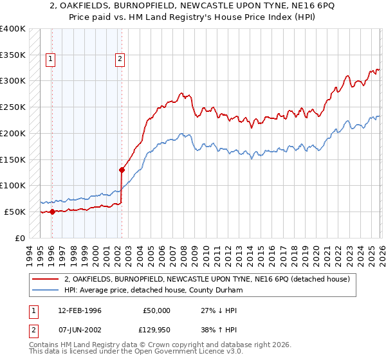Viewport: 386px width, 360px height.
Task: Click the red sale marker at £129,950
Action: click(x=122, y=170)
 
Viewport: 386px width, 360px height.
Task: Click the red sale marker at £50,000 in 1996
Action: click(x=51, y=212)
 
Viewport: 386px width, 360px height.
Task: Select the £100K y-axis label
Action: click(x=13, y=186)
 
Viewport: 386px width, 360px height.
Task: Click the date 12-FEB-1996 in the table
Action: click(x=80, y=310)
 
